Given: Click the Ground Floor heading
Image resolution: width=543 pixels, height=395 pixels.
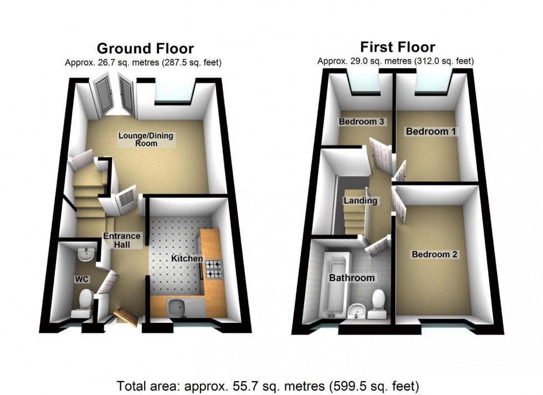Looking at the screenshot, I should pos(146,48).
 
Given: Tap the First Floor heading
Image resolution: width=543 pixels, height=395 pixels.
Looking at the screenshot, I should pos(397,47).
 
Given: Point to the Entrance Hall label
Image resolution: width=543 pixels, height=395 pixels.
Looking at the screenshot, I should pos(122,240).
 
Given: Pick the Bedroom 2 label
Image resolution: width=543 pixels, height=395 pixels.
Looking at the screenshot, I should pos(434,255).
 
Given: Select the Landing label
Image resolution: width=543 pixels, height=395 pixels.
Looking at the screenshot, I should pos(360,201).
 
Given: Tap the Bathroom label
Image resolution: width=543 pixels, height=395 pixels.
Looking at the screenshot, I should pos(352,277).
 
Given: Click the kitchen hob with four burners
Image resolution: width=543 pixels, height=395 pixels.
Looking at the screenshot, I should pos(214,269).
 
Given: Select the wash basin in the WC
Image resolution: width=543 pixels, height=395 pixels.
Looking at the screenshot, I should pos(86,254).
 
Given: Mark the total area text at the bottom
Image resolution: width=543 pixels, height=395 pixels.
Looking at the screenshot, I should pos(268,385).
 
